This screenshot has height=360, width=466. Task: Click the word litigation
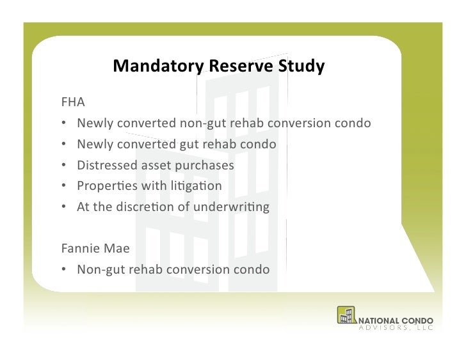[200, 186]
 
